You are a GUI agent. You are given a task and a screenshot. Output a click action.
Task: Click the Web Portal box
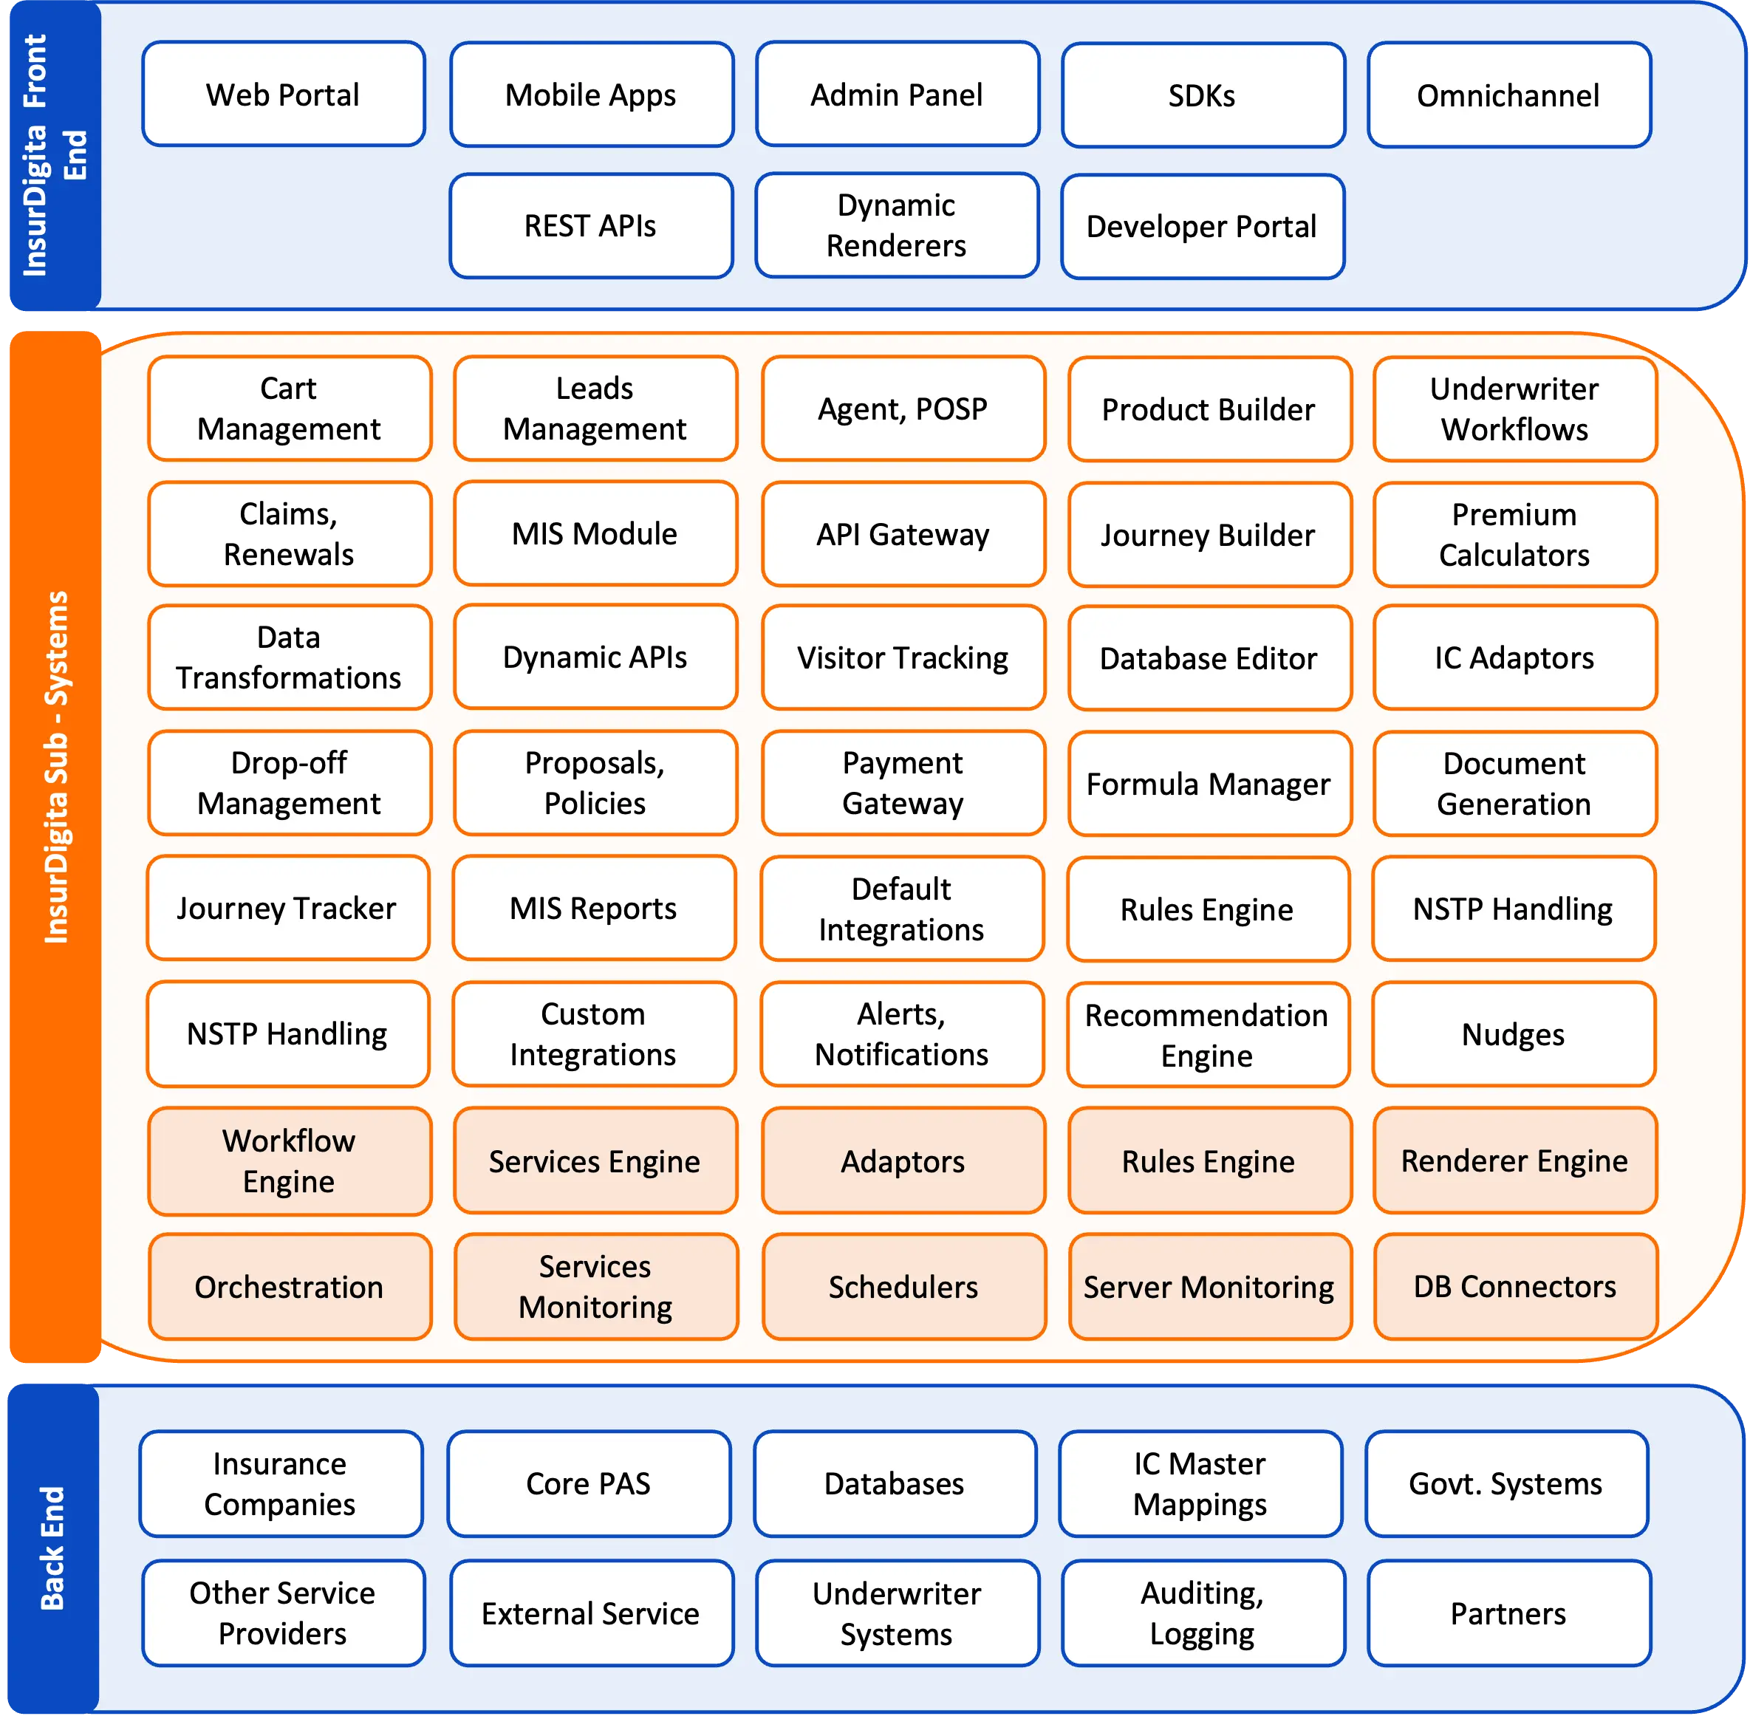(x=283, y=94)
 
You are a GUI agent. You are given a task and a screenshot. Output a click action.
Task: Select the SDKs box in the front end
(x=1202, y=95)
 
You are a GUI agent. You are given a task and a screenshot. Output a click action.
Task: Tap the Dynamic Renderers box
(x=897, y=225)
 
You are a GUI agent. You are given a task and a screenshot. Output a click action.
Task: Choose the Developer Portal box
(x=1202, y=226)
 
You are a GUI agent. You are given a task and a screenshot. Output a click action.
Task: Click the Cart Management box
(x=290, y=409)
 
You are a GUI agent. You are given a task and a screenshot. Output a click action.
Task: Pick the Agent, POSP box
(x=903, y=409)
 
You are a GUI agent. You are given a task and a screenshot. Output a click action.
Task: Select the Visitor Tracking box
(x=903, y=658)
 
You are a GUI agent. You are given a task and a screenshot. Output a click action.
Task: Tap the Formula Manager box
(x=1209, y=784)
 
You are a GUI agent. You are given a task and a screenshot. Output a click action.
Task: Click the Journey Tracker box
(x=287, y=909)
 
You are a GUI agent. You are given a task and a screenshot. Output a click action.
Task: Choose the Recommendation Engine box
(x=1206, y=1035)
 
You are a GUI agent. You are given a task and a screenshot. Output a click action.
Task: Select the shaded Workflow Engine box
(x=290, y=1160)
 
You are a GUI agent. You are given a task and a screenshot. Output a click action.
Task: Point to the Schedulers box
(x=903, y=1287)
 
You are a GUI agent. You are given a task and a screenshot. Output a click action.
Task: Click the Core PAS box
(x=589, y=1483)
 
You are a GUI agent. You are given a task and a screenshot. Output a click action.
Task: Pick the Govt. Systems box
(x=1505, y=1483)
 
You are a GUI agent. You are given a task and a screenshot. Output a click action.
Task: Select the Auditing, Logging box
(x=1202, y=1613)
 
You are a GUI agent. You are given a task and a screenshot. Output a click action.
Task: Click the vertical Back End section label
(x=52, y=1548)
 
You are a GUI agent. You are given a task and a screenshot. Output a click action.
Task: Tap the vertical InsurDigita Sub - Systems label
(x=56, y=766)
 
